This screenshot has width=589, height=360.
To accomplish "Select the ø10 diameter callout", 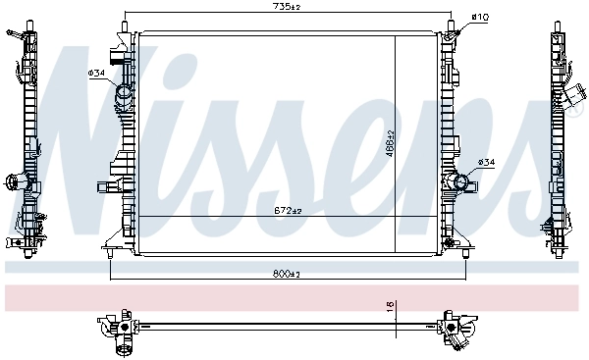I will click(480, 17).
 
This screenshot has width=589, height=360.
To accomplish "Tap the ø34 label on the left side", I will click(97, 73).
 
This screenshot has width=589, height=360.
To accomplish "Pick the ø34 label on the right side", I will click(486, 162).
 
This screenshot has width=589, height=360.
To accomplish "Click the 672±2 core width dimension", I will click(288, 210).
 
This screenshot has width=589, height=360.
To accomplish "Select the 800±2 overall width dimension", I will click(288, 274).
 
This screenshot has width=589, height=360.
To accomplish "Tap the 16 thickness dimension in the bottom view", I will click(390, 307).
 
